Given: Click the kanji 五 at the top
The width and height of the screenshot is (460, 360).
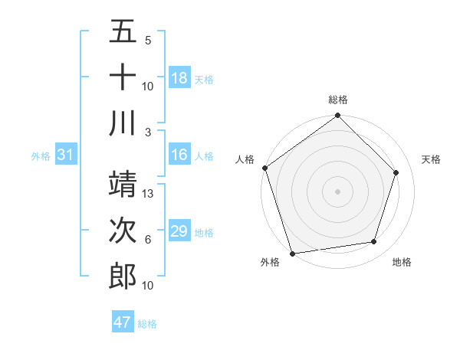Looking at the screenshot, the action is pyautogui.click(x=123, y=32).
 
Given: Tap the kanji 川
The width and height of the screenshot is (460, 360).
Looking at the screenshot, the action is pyautogui.click(x=123, y=123).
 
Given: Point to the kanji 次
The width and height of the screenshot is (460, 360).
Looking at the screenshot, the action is pyautogui.click(x=123, y=231).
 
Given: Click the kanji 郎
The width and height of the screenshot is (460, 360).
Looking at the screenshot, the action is pyautogui.click(x=123, y=277).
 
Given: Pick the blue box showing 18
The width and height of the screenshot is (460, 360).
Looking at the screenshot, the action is pyautogui.click(x=179, y=78).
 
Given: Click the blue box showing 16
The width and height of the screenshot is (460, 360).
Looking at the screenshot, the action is pyautogui.click(x=179, y=155).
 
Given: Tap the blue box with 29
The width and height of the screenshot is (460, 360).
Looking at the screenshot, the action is pyautogui.click(x=179, y=232).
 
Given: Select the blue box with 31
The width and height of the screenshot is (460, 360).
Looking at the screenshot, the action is pyautogui.click(x=66, y=155).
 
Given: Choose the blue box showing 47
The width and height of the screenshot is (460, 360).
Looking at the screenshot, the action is pyautogui.click(x=123, y=322).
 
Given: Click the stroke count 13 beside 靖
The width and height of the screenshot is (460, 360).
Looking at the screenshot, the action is pyautogui.click(x=149, y=194).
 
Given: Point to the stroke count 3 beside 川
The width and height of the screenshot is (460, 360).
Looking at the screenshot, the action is pyautogui.click(x=149, y=131).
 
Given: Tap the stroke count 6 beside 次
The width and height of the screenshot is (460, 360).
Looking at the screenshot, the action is pyautogui.click(x=148, y=240).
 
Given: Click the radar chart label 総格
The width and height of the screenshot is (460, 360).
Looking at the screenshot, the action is pyautogui.click(x=338, y=100).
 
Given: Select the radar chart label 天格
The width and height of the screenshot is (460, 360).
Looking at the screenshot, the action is pyautogui.click(x=432, y=159).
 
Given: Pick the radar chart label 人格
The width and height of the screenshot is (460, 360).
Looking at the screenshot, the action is pyautogui.click(x=245, y=159).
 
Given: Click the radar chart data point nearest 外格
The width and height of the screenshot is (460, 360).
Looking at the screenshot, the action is pyautogui.click(x=293, y=253).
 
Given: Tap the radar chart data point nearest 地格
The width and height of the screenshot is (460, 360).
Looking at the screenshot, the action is pyautogui.click(x=374, y=242).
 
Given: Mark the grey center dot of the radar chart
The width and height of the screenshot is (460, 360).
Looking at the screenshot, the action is pyautogui.click(x=338, y=191).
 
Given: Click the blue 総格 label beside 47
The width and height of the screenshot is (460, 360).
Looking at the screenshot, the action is pyautogui.click(x=147, y=324).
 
